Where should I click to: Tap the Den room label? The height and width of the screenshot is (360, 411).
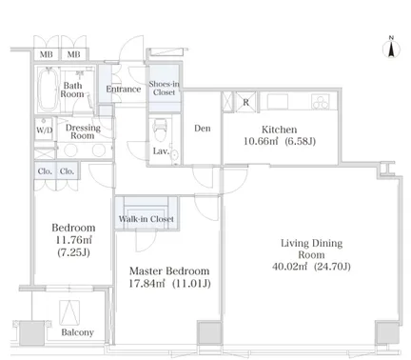coord(203,129)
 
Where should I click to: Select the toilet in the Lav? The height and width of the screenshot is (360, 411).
coord(160,130)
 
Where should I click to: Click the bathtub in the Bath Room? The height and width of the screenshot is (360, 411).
coord(48,90)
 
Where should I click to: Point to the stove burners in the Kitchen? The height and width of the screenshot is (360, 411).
coord(321,102)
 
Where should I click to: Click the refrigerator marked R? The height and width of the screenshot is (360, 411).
coord(245,102)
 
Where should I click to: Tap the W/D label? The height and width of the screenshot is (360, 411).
coord(44,130)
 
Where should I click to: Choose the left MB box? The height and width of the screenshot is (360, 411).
coord(47,54)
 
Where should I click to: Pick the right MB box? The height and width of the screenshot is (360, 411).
coord(74,54)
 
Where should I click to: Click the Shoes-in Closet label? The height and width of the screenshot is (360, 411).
coord(164,88)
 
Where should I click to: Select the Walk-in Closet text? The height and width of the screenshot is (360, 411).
coord(147,219)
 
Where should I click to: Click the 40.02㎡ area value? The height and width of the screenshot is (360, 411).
coord(289,267)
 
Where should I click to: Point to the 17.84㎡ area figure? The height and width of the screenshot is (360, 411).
coord(147,283)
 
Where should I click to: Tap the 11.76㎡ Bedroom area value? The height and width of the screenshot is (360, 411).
coord(73,240)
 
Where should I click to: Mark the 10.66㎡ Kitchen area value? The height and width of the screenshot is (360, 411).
coord(261,141)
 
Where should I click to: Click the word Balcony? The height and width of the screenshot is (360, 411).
coord(78,332)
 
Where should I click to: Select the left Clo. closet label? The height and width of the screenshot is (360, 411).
coord(45,171)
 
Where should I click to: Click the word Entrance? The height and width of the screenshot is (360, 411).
coord(124,89)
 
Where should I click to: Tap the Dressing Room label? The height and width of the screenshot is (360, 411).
coord(83,131)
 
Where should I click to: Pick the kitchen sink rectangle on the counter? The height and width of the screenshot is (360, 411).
coord(278,102)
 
